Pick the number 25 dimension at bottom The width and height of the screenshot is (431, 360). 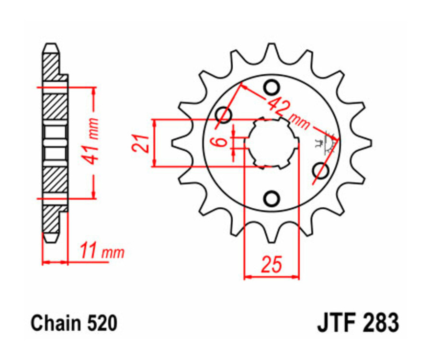271,265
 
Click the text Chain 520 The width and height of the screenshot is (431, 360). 74,324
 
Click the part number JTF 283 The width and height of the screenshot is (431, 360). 357,324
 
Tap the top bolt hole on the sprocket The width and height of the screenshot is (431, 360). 272,88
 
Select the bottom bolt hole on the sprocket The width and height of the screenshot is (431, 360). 272,197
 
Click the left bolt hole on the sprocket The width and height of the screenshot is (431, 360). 224,115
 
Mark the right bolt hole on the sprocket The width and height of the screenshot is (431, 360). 319,170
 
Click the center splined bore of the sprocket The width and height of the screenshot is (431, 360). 272,143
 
